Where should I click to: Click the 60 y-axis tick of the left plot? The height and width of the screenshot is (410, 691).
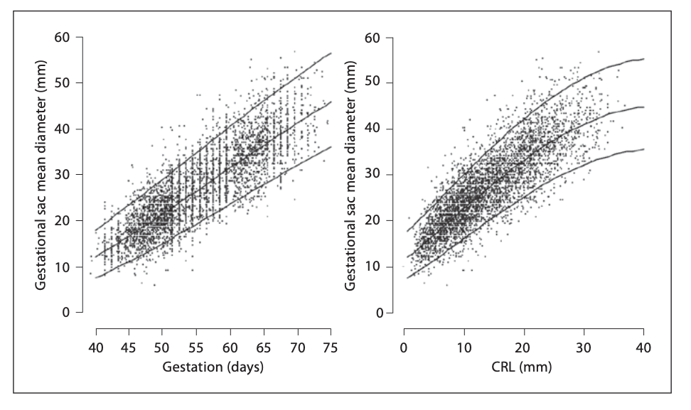click(x=66, y=37)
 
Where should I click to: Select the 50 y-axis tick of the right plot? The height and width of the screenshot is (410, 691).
click(x=377, y=83)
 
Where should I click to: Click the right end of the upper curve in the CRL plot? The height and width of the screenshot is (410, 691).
click(x=643, y=59)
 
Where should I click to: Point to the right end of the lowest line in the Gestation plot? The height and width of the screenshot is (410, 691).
click(x=331, y=147)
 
